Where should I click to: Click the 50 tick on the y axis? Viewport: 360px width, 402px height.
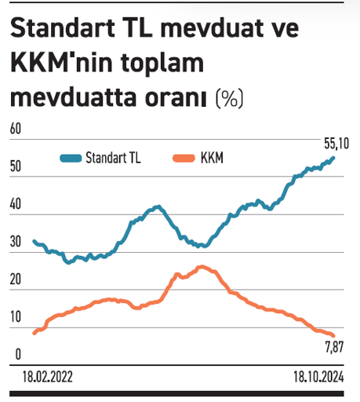coord(15,167)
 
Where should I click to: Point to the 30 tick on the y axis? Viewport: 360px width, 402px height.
coord(15,243)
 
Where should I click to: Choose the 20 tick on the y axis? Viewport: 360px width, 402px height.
coord(15,281)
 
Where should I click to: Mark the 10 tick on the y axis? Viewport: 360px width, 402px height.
coord(15,319)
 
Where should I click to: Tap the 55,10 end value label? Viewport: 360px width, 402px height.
coord(336,144)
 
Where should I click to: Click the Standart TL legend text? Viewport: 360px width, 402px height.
coord(113,158)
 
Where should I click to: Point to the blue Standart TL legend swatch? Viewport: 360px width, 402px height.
coord(71,158)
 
